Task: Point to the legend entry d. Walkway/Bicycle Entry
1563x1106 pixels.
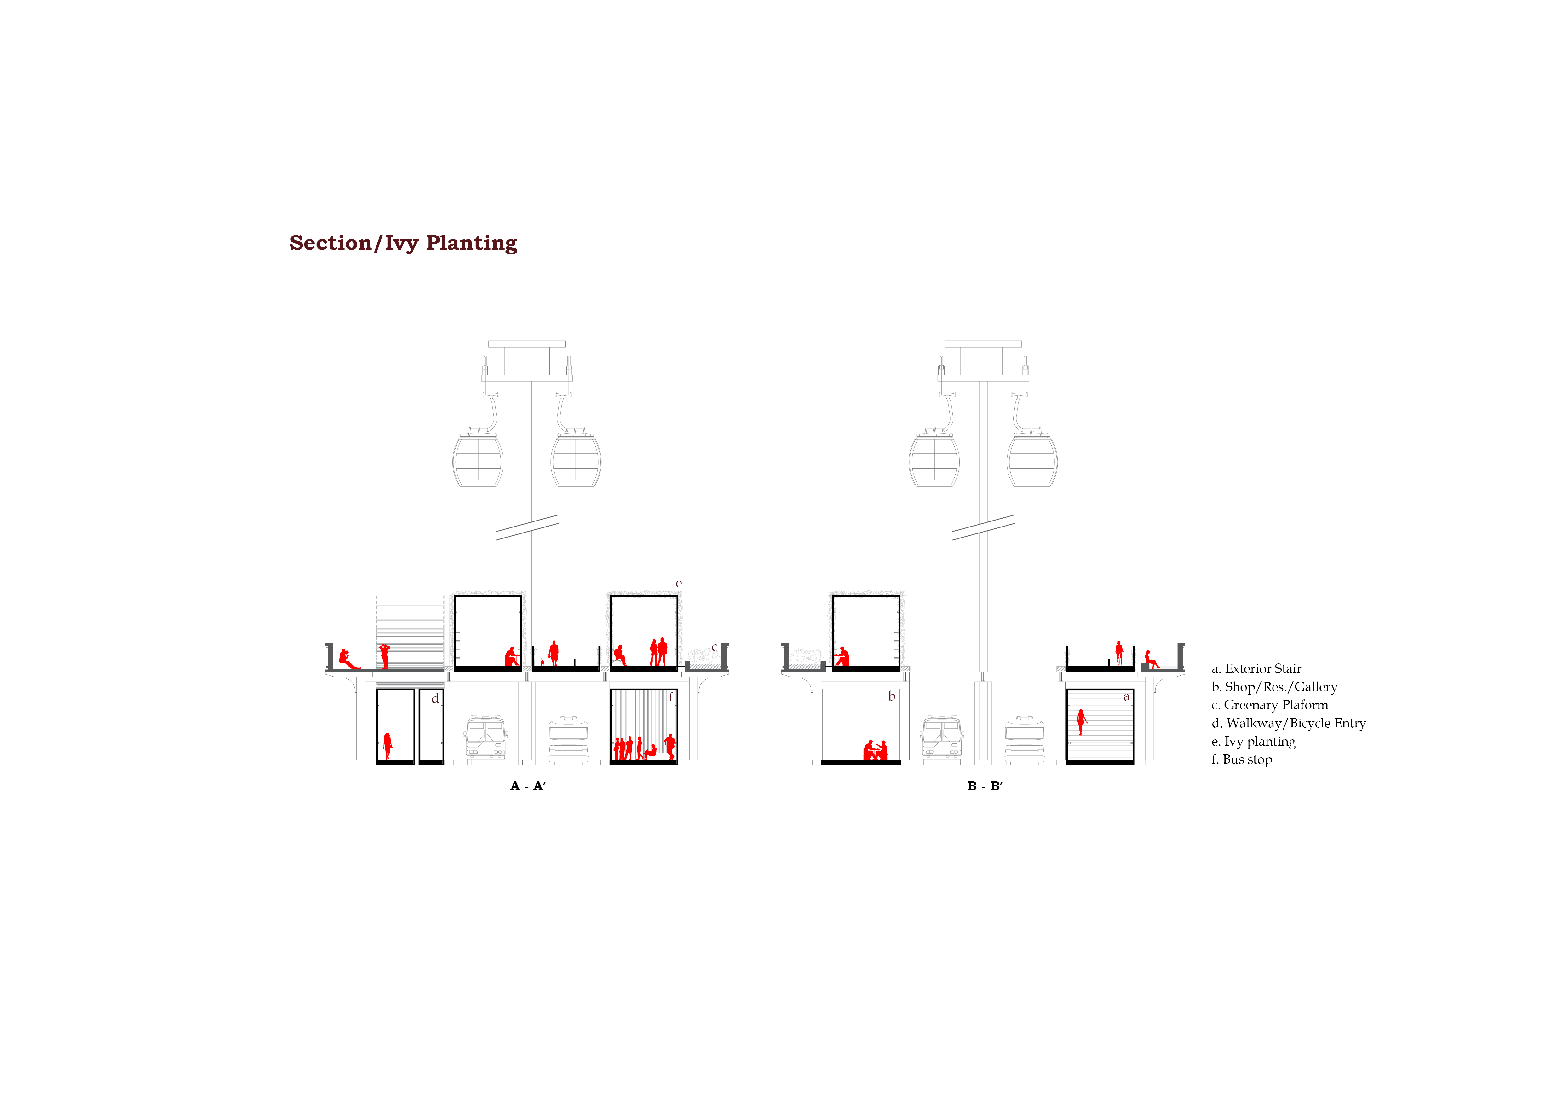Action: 1289,723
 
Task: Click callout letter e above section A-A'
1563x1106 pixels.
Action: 679,584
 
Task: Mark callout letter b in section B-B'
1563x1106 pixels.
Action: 892,696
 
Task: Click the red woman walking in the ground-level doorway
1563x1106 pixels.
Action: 387,746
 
